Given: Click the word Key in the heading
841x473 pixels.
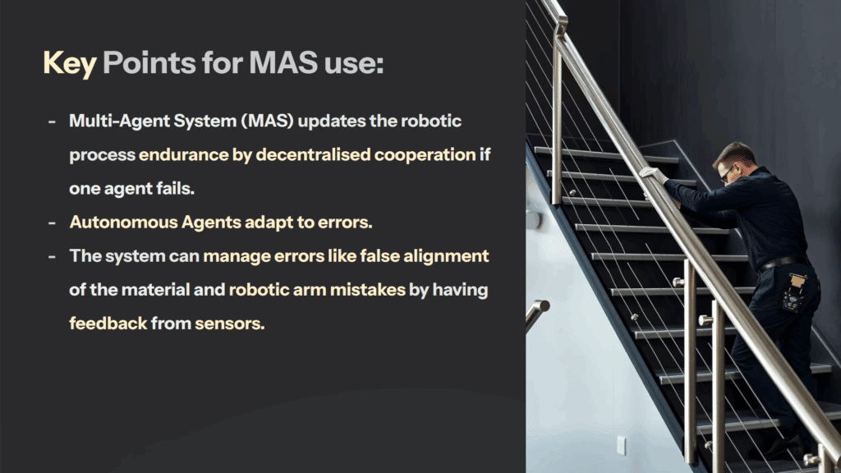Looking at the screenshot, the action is [x=70, y=64].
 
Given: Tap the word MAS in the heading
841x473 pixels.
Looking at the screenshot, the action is [x=283, y=62].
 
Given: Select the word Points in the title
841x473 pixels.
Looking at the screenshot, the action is [x=149, y=62].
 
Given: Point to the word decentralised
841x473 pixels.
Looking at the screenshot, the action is [x=313, y=154].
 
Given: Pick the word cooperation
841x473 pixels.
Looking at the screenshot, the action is [x=425, y=155].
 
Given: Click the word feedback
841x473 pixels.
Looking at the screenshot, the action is [x=108, y=324].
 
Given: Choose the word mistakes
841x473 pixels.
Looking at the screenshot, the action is [x=367, y=290].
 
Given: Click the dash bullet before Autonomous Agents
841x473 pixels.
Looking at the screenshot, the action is [x=52, y=223].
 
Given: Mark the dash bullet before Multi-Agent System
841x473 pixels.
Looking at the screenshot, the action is [x=52, y=122].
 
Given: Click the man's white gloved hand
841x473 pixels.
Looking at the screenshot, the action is [x=653, y=175].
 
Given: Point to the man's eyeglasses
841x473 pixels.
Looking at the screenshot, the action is [x=728, y=172].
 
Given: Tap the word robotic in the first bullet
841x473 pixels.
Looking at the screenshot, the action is [x=431, y=121].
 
